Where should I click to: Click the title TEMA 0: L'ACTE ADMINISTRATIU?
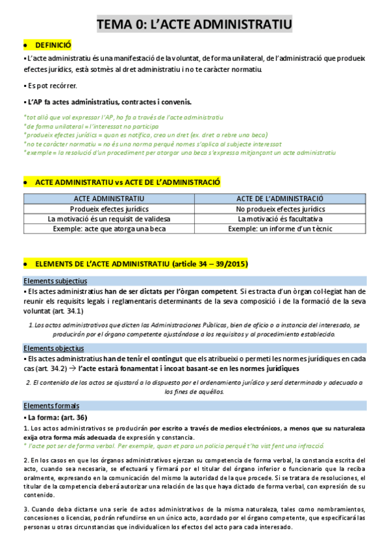194,25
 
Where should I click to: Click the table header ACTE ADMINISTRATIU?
109,198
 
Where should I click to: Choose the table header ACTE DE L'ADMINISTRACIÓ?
281,198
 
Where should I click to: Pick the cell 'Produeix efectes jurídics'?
109,209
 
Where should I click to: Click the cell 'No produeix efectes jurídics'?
281,209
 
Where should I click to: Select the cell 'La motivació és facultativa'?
281,219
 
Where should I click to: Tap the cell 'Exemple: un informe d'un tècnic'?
281,229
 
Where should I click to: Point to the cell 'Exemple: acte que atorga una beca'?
109,229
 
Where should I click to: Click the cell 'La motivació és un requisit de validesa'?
109,219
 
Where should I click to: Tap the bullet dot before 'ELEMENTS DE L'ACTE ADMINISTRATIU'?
25,265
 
